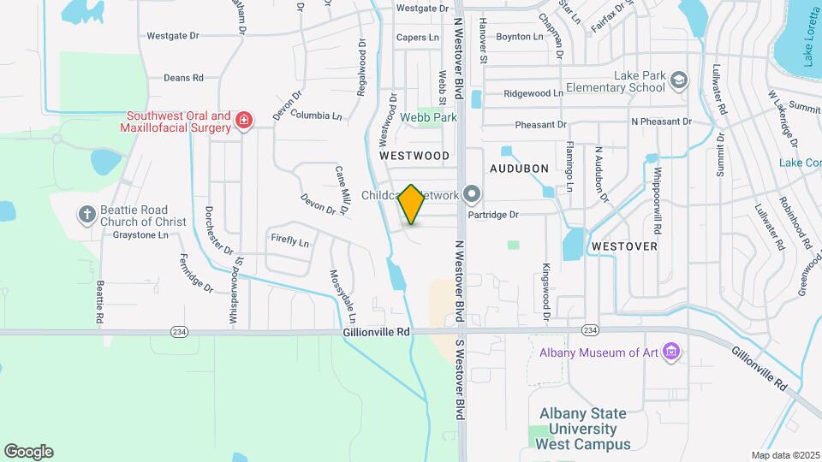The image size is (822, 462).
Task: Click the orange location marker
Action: coord(412,204)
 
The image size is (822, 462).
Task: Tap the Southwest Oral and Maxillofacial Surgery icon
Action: coord(244,120)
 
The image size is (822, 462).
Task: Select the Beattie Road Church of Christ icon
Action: coord(86,215)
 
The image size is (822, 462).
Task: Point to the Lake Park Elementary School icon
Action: coord(679,80)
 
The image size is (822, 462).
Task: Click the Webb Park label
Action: coord(428,117)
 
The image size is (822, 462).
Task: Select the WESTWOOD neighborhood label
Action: coord(414,156)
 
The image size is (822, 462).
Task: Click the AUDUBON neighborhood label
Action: coord(519,169)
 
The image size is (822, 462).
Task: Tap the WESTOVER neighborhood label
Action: coord(624,246)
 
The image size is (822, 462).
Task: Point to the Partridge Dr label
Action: coord(497,215)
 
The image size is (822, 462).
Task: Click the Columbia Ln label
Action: coord(316,114)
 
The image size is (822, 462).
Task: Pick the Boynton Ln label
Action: coord(520,37)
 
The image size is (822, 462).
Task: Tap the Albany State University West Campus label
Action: coord(584,429)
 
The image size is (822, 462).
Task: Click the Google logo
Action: coord(28,452)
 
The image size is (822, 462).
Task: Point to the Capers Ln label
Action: coord(417,38)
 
